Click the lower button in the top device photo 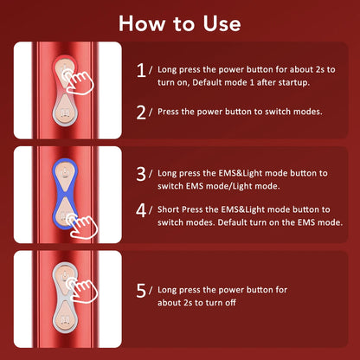pyautogui.click(x=67, y=112)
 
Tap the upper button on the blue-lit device pyautogui.click(x=67, y=177)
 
